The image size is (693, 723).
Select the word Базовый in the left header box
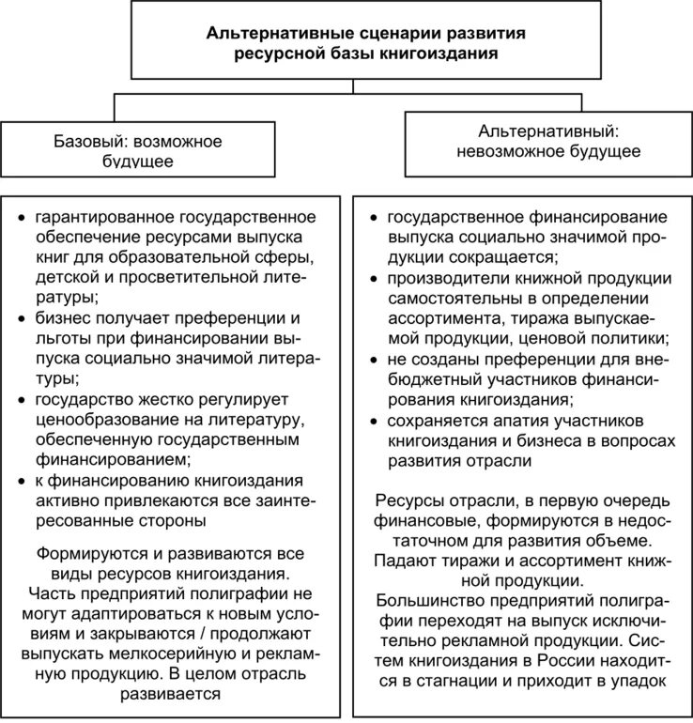(x=91, y=143)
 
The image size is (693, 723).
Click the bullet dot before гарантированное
(x=23, y=218)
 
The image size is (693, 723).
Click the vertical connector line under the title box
(x=352, y=86)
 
